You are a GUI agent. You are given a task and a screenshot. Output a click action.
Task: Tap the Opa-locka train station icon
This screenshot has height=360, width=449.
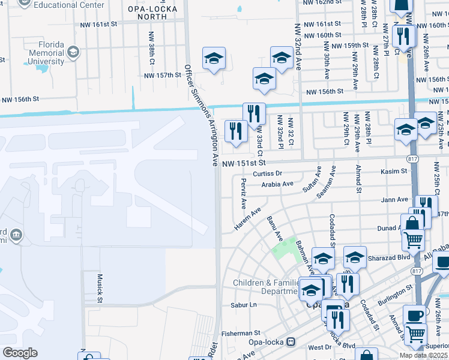[291, 342]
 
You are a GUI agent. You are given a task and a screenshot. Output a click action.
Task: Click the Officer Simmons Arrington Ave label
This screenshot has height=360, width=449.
[202, 115]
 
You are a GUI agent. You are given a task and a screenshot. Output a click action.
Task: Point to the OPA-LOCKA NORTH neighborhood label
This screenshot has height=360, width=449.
[148, 13]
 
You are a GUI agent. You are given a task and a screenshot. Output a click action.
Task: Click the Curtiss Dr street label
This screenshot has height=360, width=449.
[267, 174]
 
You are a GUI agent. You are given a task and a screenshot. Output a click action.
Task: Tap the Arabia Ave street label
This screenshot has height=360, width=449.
[277, 185]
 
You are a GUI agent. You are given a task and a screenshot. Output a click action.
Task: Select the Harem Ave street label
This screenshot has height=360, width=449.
[248, 220]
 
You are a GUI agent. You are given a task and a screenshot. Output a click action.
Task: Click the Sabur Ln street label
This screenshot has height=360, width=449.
[243, 305]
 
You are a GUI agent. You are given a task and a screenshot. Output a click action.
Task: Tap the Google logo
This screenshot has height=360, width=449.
[20, 353]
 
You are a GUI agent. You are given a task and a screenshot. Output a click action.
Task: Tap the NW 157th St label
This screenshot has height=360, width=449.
[162, 75]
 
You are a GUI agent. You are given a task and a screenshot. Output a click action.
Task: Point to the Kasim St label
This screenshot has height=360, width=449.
[394, 172]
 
